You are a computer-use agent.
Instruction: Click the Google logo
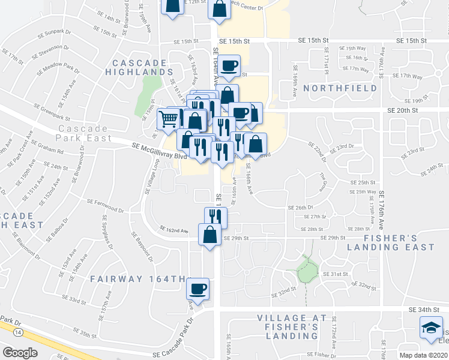coord(20,353)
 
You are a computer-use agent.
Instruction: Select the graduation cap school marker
coord(430,329)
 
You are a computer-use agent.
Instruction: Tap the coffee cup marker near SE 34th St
coord(197,290)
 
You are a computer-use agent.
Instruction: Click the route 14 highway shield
coord(20,332)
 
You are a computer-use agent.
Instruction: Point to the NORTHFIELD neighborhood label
coord(340,88)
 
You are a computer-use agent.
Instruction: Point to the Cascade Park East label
coord(84,133)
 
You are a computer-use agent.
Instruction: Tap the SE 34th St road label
coord(423,309)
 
